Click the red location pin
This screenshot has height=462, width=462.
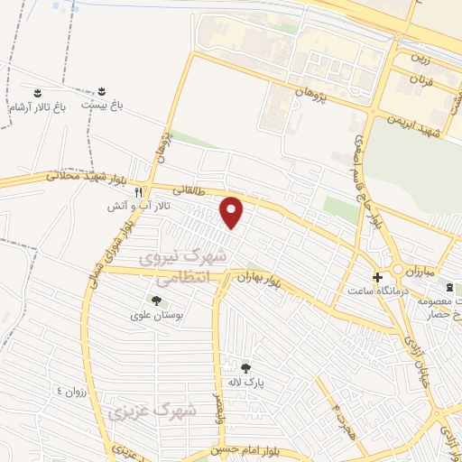point(233,212)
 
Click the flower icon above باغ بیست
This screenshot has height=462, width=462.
point(101,92)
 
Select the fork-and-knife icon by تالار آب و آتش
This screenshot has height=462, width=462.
point(138,192)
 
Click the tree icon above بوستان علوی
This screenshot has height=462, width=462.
point(156,301)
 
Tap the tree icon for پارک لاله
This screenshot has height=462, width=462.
point(245,367)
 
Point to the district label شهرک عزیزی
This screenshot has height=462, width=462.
point(152,411)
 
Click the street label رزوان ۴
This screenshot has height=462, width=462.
point(71,391)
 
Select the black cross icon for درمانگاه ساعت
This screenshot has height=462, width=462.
point(377,276)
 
